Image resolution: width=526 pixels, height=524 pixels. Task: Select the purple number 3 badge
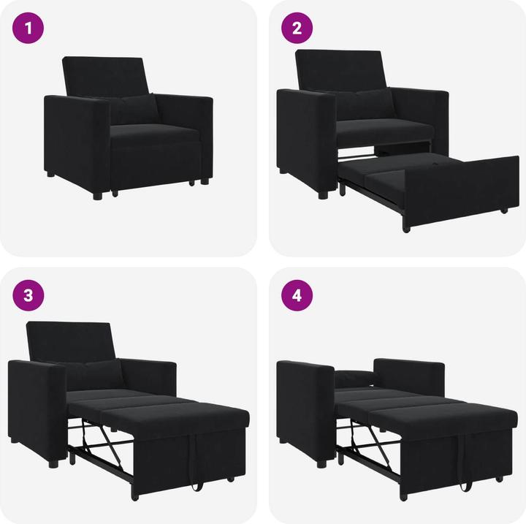(x=28, y=296)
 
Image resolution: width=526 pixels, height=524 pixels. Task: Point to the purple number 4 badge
(x=297, y=296)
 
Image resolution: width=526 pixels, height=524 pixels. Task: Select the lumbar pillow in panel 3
(x=96, y=373)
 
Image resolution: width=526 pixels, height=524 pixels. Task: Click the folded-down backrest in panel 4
(x=354, y=379)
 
